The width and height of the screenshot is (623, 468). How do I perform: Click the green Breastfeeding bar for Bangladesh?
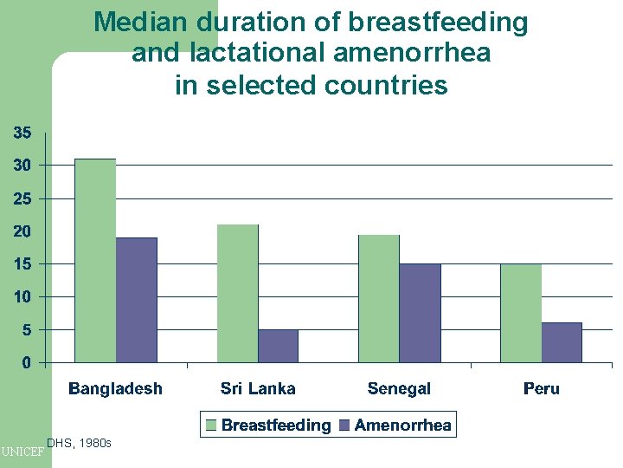[x=95, y=260]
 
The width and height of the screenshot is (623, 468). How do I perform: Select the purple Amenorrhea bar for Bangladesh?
[x=137, y=300]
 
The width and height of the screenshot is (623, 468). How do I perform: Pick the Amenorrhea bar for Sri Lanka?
[x=279, y=346]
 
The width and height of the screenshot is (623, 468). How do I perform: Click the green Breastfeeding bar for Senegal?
[x=379, y=298]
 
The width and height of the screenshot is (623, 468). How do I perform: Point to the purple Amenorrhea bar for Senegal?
[x=421, y=313]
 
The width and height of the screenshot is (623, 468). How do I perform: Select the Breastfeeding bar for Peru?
[x=521, y=313]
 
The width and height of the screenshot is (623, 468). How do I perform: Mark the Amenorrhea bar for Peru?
[x=562, y=342]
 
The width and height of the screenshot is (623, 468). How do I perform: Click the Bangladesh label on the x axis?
[x=115, y=388]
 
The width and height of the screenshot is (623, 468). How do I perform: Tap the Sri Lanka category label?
[x=258, y=388]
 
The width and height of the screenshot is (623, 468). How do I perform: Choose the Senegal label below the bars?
[x=399, y=388]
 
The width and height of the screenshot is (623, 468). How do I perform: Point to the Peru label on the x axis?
[x=542, y=388]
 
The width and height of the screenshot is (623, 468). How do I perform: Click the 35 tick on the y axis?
[x=22, y=133]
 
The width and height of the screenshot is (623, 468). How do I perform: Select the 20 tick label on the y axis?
[x=22, y=231]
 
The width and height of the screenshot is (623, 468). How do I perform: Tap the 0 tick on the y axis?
[x=26, y=362]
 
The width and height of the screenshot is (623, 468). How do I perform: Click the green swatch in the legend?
[x=211, y=426]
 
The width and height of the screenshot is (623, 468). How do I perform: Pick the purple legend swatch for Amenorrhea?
[x=344, y=426]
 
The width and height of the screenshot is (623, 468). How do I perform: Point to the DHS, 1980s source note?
[x=79, y=443]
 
